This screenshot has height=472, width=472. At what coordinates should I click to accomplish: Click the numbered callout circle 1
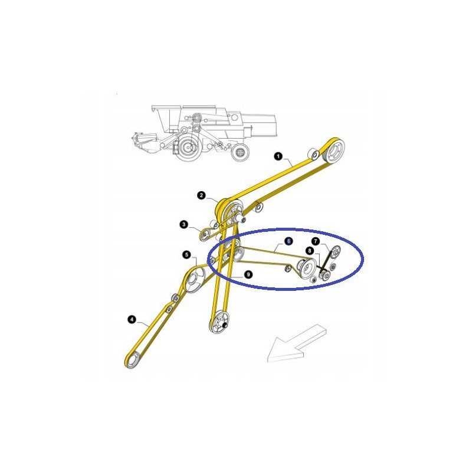pos(278,156)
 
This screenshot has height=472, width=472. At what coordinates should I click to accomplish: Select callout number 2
pos(201,195)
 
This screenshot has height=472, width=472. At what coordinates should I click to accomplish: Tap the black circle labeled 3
pos(184,224)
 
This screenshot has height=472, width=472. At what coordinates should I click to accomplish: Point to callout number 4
pos(131,320)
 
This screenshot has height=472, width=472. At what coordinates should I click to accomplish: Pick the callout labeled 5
pos(187,255)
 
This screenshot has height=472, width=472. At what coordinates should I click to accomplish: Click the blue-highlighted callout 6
pos(288,241)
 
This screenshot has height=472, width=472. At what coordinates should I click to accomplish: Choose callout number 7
pos(316,241)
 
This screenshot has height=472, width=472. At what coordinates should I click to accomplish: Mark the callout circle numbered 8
pos(309,251)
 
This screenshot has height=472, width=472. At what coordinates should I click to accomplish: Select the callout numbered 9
pos(248,274)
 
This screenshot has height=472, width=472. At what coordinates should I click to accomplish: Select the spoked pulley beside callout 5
pos(194,280)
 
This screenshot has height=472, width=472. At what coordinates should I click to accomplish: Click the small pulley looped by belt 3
pos(205,236)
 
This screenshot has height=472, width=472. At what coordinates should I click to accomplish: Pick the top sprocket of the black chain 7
pos(334,253)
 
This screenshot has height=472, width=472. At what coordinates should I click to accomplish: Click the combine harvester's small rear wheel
pos(239,153)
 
